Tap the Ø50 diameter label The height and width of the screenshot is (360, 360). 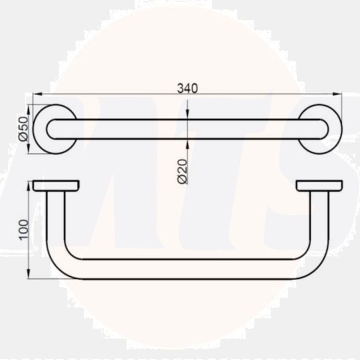[x=23, y=128]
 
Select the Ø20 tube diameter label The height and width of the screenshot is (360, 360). [x=182, y=171]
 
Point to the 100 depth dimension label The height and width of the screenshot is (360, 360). [x=23, y=229]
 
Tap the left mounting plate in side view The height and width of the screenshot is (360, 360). [x=55, y=186]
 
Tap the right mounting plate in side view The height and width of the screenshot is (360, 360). [x=319, y=186]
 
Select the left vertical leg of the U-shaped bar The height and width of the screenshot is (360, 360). [x=55, y=222]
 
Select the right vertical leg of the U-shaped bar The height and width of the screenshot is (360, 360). [x=319, y=222]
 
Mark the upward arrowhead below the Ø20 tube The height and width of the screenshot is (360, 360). [x=187, y=142]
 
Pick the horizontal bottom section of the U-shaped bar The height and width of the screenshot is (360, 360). [x=187, y=269]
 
